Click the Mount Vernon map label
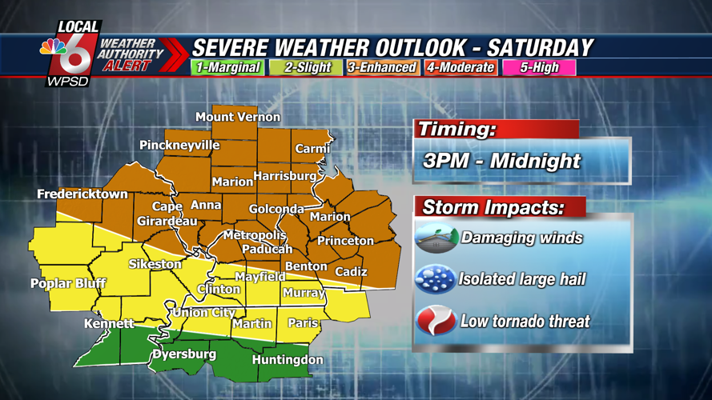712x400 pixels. pyautogui.click(x=238, y=117)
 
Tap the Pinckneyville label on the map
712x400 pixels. pyautogui.click(x=179, y=146)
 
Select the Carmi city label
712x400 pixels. pyautogui.click(x=312, y=149)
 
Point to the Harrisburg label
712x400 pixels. pyautogui.click(x=285, y=176)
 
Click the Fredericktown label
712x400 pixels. pyautogui.click(x=82, y=194)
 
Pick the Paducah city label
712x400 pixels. pyautogui.click(x=267, y=249)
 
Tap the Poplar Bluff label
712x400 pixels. pyautogui.click(x=68, y=283)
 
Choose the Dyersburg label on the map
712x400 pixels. pyautogui.click(x=184, y=354)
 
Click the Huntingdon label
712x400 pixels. pyautogui.click(x=288, y=360)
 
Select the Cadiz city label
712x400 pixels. pyautogui.click(x=351, y=272)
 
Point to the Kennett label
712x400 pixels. pyautogui.click(x=109, y=324)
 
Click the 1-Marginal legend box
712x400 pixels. pyautogui.click(x=228, y=67)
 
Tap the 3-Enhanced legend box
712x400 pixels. pyautogui.click(x=381, y=67)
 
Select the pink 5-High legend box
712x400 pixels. pyautogui.click(x=539, y=67)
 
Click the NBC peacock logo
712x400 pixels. pyautogui.click(x=53, y=47)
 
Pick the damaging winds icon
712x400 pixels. pyautogui.click(x=436, y=238)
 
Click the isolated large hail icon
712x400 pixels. pyautogui.click(x=435, y=280)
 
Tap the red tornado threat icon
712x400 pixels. pyautogui.click(x=436, y=322)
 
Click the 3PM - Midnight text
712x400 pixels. pyautogui.click(x=501, y=161)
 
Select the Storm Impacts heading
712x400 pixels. pyautogui.click(x=493, y=208)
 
